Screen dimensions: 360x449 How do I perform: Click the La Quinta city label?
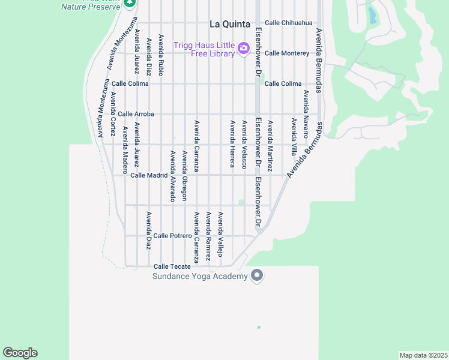point(230,25)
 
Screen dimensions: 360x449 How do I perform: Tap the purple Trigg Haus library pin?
point(243,49)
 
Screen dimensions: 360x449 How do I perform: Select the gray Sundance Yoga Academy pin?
point(257,275)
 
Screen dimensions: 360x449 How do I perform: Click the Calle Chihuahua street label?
point(289,23)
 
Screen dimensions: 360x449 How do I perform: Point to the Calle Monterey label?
point(287,53)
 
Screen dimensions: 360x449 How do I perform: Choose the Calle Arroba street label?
point(136,114)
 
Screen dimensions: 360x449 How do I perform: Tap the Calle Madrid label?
point(149,175)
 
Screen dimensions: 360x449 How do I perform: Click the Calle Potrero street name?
point(172,236)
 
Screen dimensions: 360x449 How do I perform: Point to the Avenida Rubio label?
point(161,55)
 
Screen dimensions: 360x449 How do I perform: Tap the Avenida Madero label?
point(125,146)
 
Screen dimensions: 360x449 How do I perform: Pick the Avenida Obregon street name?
point(185,175)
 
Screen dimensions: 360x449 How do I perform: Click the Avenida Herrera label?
point(232,143)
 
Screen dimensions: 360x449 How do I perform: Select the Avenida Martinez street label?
point(270,146)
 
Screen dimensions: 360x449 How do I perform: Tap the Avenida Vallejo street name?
point(221,235)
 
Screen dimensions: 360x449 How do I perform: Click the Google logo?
point(20,353)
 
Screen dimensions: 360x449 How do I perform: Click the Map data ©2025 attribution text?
point(423,355)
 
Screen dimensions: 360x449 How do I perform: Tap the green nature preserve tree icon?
point(129,3)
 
